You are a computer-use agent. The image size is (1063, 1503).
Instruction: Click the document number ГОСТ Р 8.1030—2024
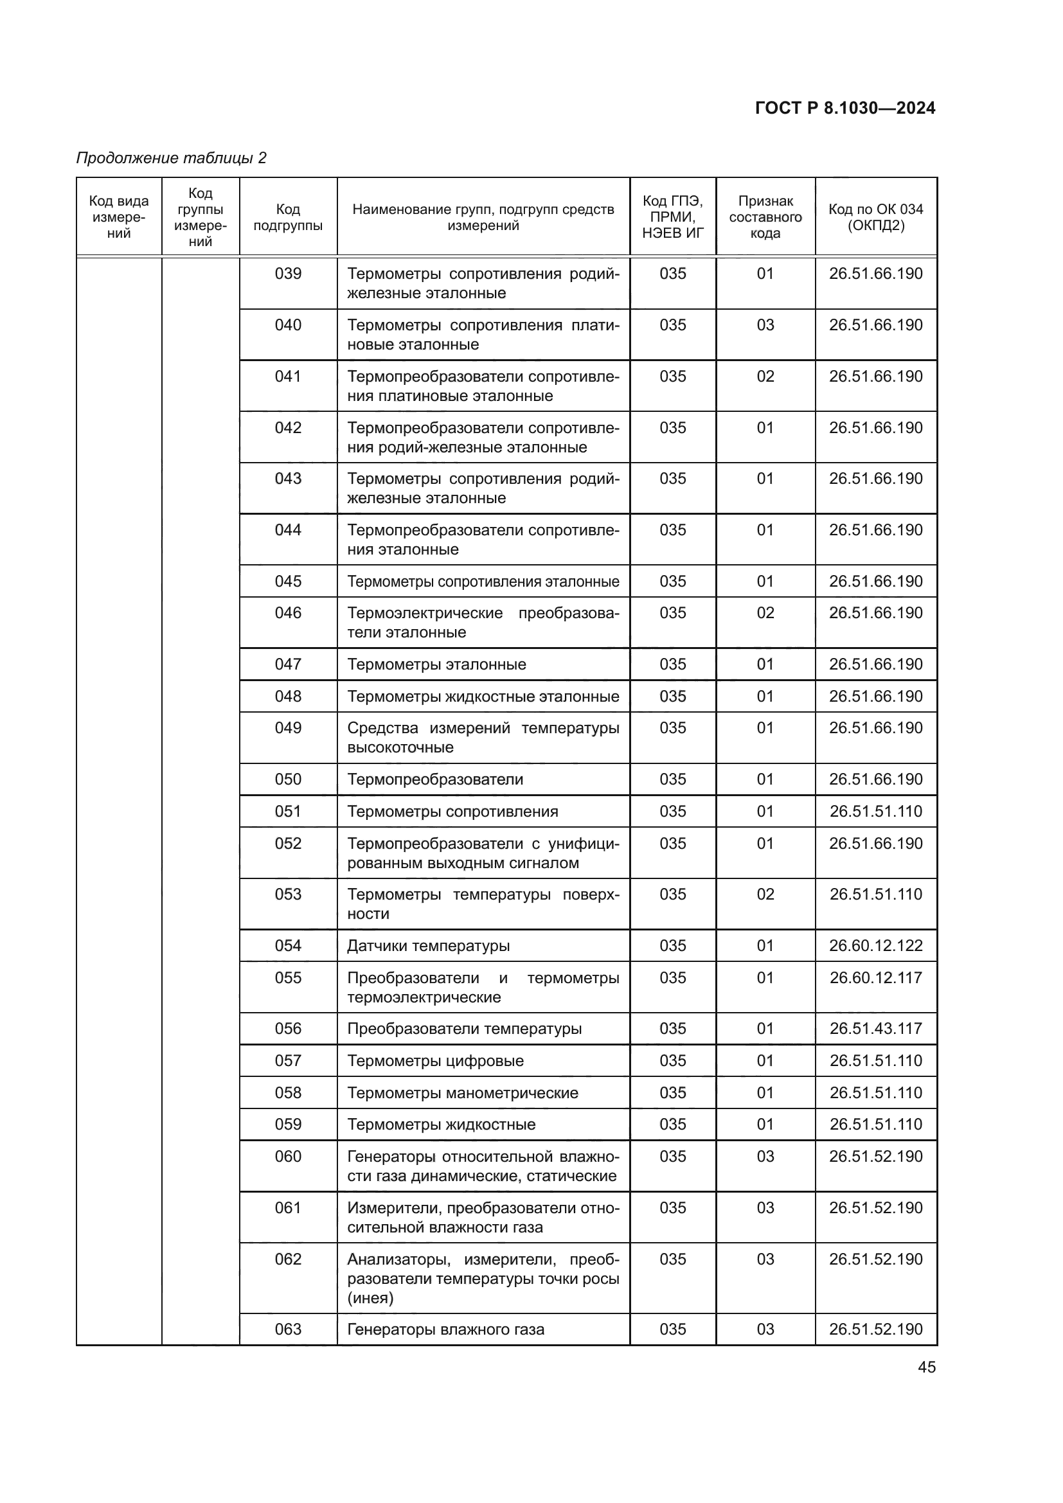coord(844,108)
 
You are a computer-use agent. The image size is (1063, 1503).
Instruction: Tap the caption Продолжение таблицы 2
coord(172,158)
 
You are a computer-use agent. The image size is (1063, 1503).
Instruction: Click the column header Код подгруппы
coord(288,217)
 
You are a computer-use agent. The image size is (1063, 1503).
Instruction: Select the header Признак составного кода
coord(765,217)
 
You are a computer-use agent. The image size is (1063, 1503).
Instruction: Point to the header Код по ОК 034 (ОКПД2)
coord(876,217)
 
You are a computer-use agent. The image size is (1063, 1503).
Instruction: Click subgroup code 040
coord(288,325)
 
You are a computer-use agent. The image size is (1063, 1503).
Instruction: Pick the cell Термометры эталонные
coord(436,664)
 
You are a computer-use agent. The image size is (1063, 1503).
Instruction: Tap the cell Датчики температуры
coord(428,946)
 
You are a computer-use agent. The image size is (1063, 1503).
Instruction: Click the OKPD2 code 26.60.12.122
coord(876,946)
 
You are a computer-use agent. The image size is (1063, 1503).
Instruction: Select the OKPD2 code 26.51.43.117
coord(876,1028)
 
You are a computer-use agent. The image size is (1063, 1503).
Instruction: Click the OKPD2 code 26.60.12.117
coord(876,978)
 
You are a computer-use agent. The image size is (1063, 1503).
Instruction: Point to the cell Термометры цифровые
coord(435,1060)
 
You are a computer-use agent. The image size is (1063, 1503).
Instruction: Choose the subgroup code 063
coord(288,1329)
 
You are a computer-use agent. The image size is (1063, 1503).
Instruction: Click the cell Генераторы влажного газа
coord(446,1330)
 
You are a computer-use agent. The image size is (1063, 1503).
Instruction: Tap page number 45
coord(926,1367)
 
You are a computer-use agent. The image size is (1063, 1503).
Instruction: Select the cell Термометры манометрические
coord(463,1092)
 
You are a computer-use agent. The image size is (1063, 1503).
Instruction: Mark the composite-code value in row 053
coord(765,894)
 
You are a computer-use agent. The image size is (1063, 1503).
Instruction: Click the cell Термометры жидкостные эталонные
coord(483,697)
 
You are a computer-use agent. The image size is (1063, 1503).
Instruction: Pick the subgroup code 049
coord(288,728)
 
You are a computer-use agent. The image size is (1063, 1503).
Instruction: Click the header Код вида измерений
coord(119,217)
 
